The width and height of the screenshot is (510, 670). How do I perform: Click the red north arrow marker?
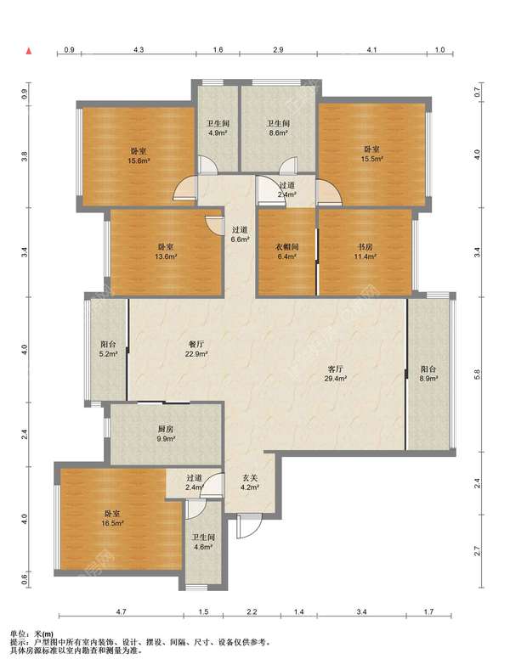tap(29, 51)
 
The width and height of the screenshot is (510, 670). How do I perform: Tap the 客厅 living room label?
tap(335, 369)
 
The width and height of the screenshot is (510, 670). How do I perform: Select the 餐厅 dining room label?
tap(196, 344)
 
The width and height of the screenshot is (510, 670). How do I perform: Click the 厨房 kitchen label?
tap(165, 430)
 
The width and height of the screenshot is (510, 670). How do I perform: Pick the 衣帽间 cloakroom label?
tap(286, 246)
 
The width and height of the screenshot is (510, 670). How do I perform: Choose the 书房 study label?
tap(365, 246)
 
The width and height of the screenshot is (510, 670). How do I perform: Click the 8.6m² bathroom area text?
tap(278, 132)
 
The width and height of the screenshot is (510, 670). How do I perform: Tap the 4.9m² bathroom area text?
tap(218, 132)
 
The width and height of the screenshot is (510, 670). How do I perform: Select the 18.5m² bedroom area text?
tap(113, 523)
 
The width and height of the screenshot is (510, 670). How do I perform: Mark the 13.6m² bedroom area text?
tap(166, 256)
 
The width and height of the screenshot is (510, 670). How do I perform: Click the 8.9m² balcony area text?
tap(428, 379)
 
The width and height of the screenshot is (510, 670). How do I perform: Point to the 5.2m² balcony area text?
tap(108, 354)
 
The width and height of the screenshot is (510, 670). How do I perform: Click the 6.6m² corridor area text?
tap(240, 239)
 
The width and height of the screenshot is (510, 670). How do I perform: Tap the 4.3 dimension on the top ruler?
tap(139, 49)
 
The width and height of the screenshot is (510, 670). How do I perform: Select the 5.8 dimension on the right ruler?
tap(478, 374)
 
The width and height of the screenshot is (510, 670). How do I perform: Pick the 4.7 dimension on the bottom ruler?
tap(121, 611)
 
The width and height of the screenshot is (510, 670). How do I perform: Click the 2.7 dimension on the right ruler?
tap(478, 551)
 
